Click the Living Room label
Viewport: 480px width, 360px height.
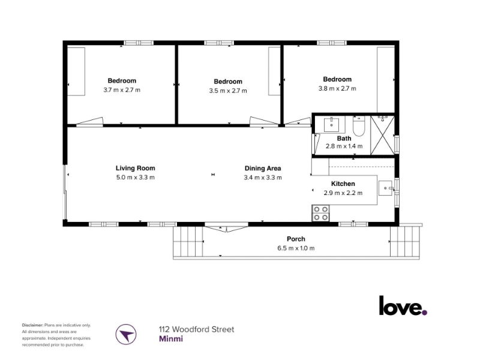pos(136,168)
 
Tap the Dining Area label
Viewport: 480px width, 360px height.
pos(263,169)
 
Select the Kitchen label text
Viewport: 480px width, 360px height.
pos(343,184)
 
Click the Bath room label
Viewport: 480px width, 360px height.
pos(344,139)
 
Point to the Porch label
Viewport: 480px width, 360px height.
pos(296,239)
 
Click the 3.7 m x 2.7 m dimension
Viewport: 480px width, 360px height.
pos(122,90)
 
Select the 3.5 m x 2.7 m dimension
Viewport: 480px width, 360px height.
pos(228,91)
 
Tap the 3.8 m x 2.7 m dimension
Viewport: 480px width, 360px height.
pos(337,88)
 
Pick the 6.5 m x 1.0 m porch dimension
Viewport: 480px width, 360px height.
pos(296,248)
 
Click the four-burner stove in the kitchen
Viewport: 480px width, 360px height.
pos(320,213)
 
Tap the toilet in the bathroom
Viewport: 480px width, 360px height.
pos(358,126)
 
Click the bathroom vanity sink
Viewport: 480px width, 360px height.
pos(331,125)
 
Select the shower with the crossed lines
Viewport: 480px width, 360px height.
pos(382,135)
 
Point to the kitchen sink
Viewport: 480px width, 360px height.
pos(385,188)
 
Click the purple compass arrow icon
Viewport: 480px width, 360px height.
pos(126,334)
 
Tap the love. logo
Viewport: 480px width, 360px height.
pos(403,305)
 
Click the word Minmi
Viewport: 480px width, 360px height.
pos(171,339)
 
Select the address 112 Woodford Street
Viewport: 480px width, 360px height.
pos(197,329)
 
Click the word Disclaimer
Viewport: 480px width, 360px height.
pos(32,325)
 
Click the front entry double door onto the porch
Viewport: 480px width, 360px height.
pos(227,229)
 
